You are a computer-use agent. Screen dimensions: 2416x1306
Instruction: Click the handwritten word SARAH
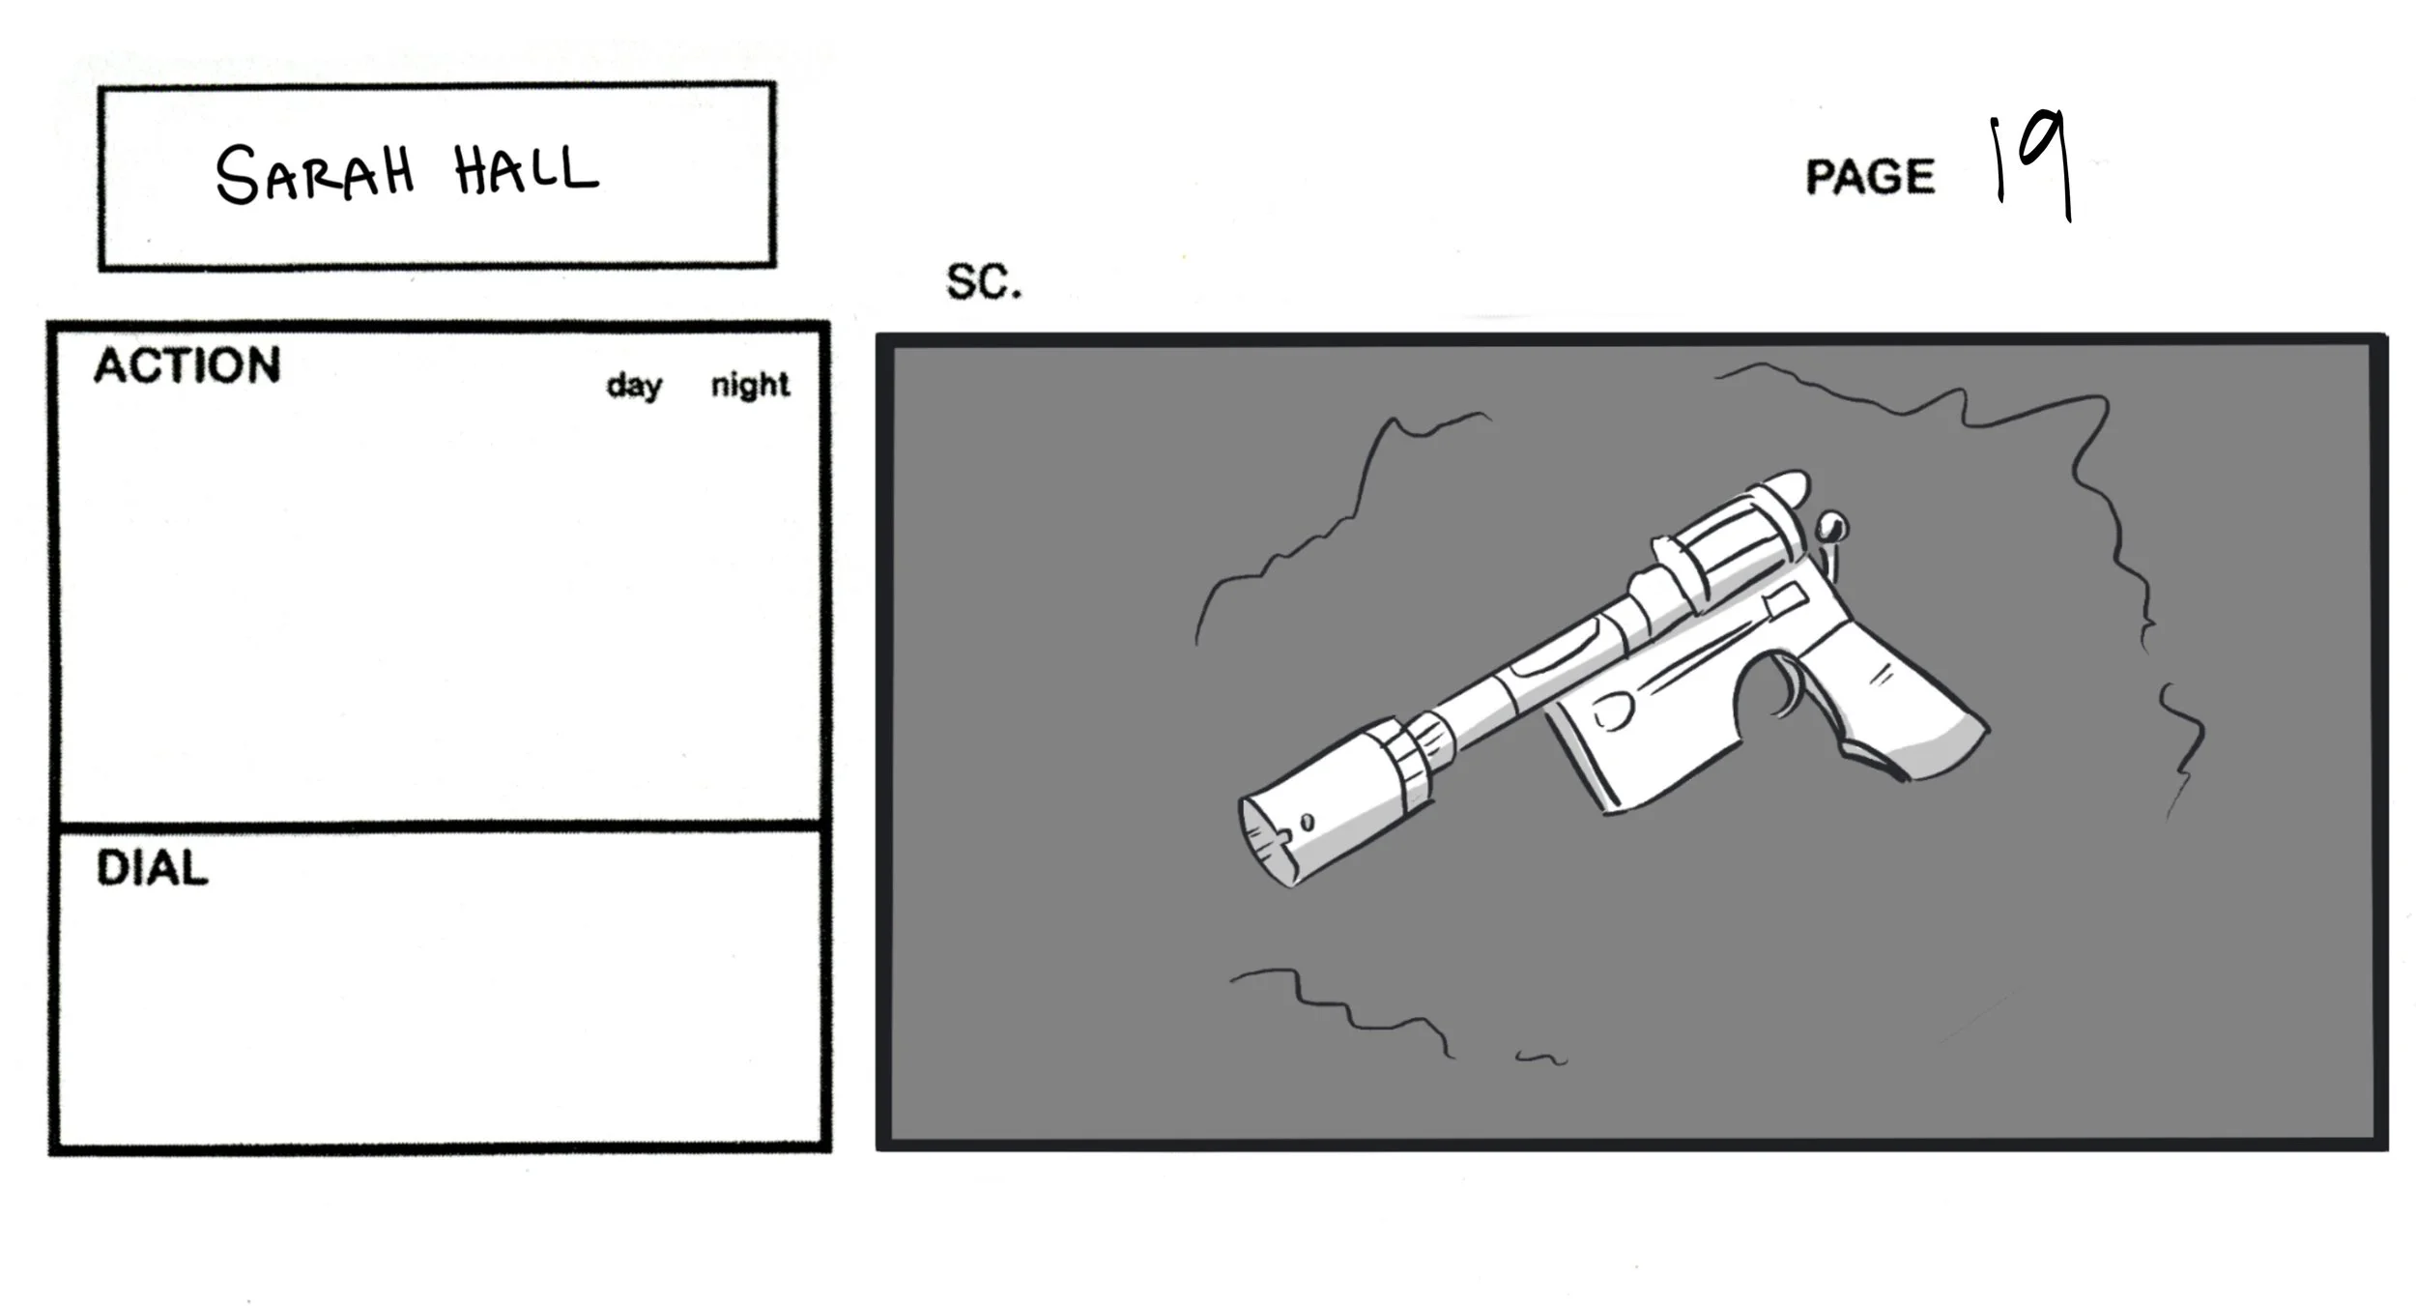coord(314,174)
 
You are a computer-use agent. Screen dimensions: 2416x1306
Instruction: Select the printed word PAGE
coord(1870,177)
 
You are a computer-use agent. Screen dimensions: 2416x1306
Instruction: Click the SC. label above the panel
coord(983,282)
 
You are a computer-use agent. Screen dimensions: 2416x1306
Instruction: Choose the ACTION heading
coord(187,366)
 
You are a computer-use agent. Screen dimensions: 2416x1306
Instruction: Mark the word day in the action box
coord(634,385)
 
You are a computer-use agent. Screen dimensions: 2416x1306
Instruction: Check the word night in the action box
coord(750,385)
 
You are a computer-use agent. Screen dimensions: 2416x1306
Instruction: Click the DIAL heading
coord(152,868)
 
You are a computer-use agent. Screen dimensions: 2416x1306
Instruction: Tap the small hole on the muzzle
coord(1307,823)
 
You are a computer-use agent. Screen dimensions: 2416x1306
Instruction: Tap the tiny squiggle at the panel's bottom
coord(1540,1058)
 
